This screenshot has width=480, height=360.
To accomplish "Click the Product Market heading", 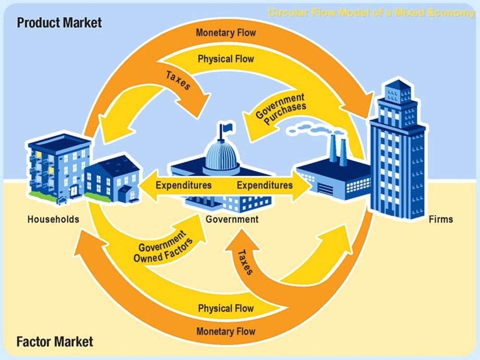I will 59,23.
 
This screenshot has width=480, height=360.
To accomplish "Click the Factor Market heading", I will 55,342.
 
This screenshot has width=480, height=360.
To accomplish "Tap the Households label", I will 53,219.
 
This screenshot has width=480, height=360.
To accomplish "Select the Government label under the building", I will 232,219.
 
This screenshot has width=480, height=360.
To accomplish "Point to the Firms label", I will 441,219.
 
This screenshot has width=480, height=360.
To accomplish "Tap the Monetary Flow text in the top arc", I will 226,33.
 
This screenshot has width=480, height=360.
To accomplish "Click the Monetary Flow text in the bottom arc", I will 226,331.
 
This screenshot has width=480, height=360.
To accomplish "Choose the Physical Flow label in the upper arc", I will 226,59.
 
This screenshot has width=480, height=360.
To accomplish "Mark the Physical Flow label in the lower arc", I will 226,308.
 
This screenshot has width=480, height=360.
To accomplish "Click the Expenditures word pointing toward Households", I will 183,185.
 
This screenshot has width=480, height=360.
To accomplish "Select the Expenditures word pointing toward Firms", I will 265,185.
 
